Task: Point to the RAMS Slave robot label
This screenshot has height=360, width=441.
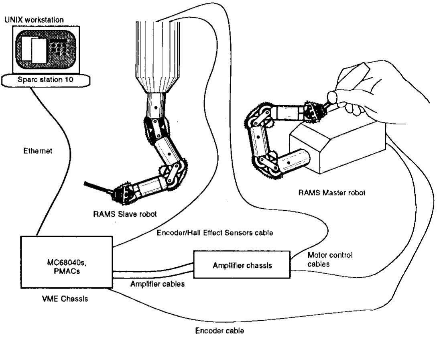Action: click(x=122, y=214)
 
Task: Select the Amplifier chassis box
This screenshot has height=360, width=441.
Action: click(x=241, y=264)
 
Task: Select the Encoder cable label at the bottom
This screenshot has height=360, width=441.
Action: click(x=219, y=331)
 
